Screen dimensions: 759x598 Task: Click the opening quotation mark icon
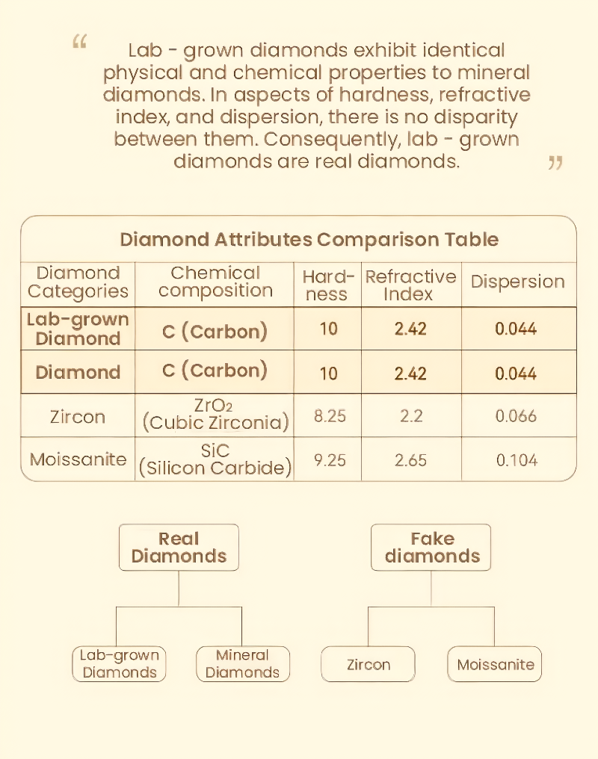pyautogui.click(x=79, y=42)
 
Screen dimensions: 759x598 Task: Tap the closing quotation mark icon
pyautogui.click(x=555, y=162)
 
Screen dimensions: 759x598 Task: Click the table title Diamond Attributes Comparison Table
pyautogui.click(x=309, y=240)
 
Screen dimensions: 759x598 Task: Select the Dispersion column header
pyautogui.click(x=517, y=282)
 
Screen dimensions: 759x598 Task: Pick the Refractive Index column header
pyautogui.click(x=410, y=285)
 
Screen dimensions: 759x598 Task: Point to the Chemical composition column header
pyautogui.click(x=215, y=282)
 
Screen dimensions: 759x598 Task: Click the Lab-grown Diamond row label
pyautogui.click(x=78, y=329)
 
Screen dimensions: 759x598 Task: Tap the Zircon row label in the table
pyautogui.click(x=78, y=416)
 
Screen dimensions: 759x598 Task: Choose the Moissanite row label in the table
pyautogui.click(x=78, y=459)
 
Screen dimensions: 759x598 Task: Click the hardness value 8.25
pyautogui.click(x=330, y=416)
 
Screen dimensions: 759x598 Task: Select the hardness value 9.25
pyautogui.click(x=330, y=460)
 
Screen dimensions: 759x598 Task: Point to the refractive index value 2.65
pyautogui.click(x=410, y=460)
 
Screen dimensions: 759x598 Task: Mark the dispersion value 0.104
pyautogui.click(x=517, y=460)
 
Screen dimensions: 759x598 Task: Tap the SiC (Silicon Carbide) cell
pyautogui.click(x=215, y=460)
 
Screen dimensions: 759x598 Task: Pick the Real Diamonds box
pyautogui.click(x=179, y=548)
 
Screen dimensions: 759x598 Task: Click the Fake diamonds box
pyautogui.click(x=432, y=548)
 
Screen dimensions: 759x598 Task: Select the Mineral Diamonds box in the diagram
pyautogui.click(x=242, y=663)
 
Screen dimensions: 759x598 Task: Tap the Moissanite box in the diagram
pyautogui.click(x=495, y=664)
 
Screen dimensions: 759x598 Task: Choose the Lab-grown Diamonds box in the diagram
pyautogui.click(x=120, y=663)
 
